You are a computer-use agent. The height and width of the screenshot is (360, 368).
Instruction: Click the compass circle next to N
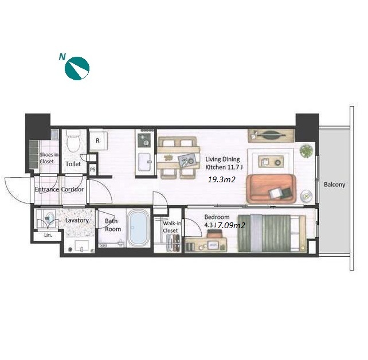[x=77, y=68]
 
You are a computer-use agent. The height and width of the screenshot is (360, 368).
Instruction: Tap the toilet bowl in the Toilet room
[x=73, y=141]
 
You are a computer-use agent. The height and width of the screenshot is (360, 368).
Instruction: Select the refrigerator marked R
[x=99, y=140]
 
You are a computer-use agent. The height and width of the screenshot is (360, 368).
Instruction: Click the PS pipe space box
[x=93, y=169]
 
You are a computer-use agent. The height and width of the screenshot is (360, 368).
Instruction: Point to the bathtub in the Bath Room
[x=138, y=227]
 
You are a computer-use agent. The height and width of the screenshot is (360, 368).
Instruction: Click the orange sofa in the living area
[x=271, y=189]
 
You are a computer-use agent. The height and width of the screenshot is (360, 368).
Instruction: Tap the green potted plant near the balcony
[x=306, y=151]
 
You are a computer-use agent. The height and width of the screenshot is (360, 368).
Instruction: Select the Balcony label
[x=334, y=185]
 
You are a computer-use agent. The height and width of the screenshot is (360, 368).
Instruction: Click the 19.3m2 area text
[x=222, y=180]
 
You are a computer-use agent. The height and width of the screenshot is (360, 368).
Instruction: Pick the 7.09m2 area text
[x=232, y=225]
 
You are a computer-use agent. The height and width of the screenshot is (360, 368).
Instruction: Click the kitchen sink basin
[x=145, y=162]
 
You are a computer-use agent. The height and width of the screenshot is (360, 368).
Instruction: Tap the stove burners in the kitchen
[x=144, y=140]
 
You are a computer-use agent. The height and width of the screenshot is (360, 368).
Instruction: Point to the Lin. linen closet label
[x=48, y=235]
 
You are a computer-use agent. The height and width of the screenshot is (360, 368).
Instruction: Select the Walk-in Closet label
[x=172, y=227]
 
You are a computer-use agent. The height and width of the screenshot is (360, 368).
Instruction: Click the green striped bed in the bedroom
[x=272, y=233]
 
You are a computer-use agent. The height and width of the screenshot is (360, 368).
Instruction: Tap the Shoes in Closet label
[x=49, y=158]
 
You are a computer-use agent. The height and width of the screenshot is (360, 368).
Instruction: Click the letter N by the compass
[x=62, y=57]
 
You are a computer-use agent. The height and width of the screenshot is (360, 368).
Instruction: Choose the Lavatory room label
[x=77, y=220]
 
